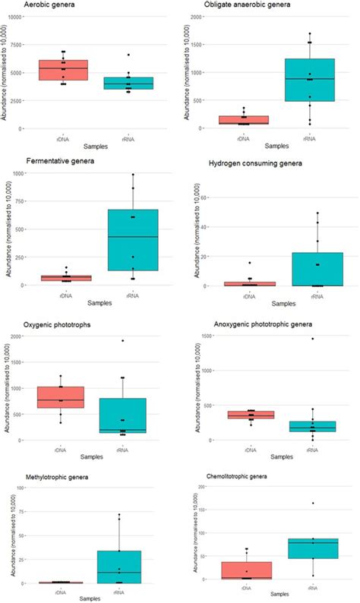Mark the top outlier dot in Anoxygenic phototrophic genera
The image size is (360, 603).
coord(312,339)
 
